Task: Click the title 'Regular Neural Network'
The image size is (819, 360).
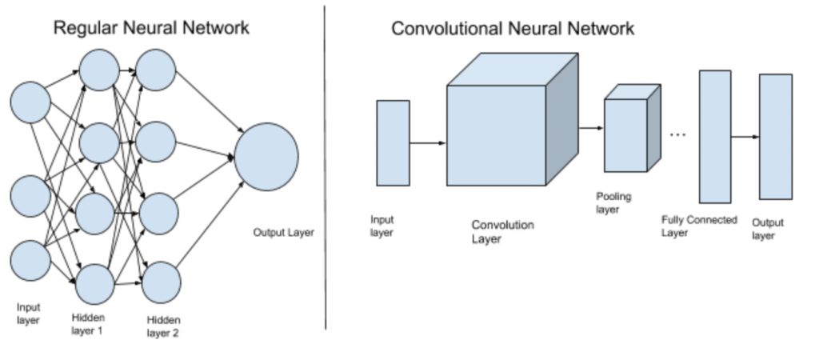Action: (x=151, y=28)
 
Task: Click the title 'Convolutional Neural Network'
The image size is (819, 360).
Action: (x=513, y=29)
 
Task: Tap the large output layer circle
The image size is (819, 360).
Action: (x=266, y=157)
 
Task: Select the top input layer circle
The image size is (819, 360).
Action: (x=30, y=103)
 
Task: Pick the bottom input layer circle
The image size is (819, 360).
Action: (x=30, y=260)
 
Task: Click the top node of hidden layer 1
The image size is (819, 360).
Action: (x=99, y=69)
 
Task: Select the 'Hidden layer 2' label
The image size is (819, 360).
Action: (x=162, y=326)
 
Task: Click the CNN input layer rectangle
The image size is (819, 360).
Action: (x=393, y=143)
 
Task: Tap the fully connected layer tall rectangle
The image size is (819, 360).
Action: (x=715, y=136)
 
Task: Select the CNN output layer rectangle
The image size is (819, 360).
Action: (x=776, y=136)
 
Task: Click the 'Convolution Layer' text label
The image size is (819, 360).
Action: (x=502, y=232)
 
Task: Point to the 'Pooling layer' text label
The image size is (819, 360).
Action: (x=614, y=202)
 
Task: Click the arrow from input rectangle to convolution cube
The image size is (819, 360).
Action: (x=428, y=143)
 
